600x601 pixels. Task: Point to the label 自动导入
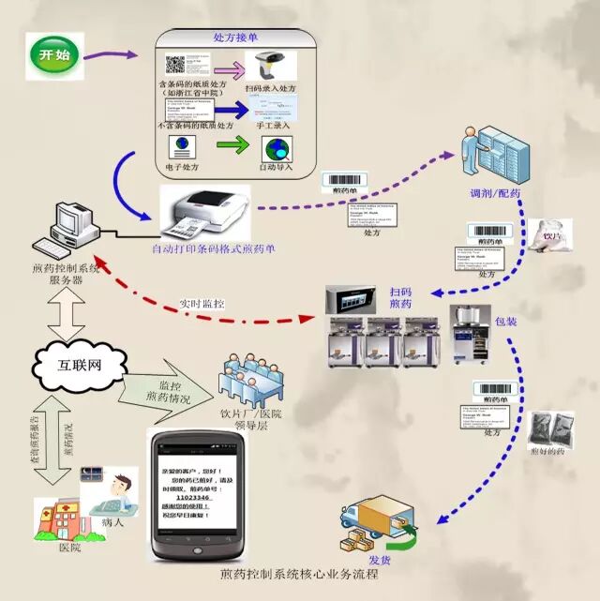point(273,167)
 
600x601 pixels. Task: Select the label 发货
point(379,560)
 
